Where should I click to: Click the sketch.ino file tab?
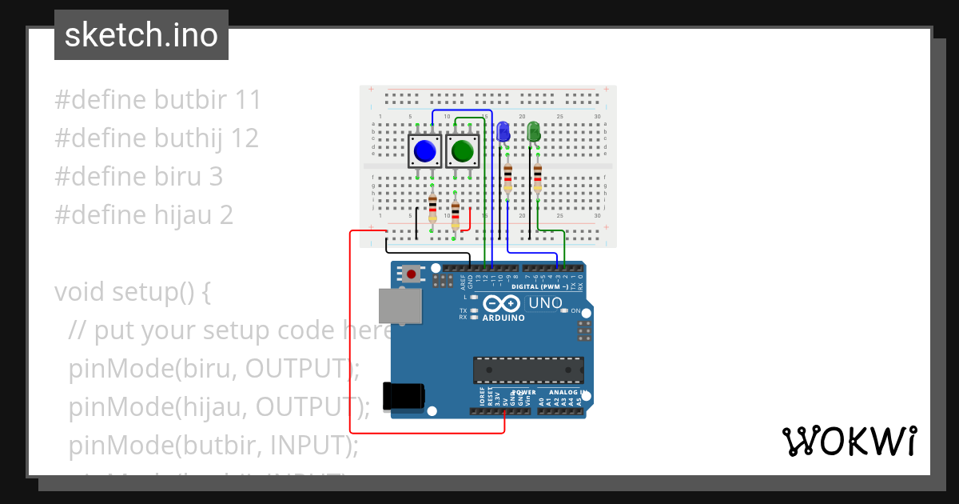coord(141,35)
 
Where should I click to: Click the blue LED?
coord(503,132)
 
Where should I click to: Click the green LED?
coord(534,132)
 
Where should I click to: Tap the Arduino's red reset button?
coord(412,274)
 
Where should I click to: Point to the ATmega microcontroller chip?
coord(527,369)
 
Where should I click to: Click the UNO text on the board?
coord(546,303)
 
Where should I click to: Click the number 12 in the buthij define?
coord(244,138)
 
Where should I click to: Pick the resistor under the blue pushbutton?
coord(432,208)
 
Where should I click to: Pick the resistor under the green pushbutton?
coord(456,215)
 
